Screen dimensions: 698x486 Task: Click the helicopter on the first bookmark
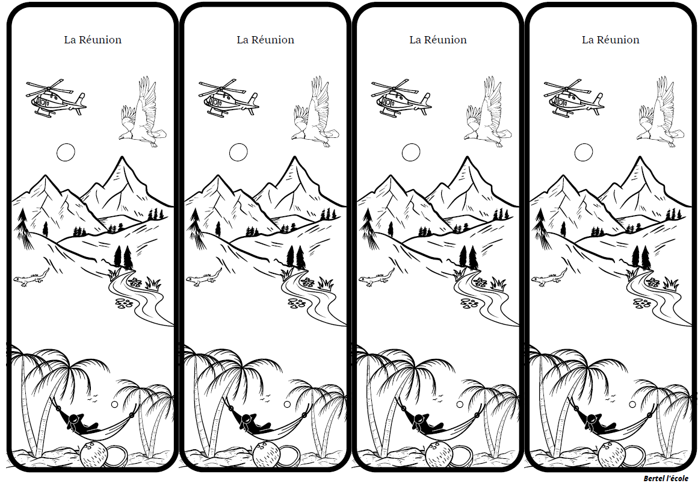click(55, 98)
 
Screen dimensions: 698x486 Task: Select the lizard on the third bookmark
click(377, 278)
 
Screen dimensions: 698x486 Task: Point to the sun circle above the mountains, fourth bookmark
click(584, 153)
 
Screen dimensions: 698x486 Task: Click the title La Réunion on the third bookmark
click(438, 40)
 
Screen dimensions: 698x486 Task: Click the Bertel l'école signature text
click(666, 478)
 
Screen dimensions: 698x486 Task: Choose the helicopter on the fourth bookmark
click(573, 98)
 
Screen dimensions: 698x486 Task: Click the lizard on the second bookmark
click(204, 278)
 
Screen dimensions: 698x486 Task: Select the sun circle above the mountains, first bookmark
click(66, 153)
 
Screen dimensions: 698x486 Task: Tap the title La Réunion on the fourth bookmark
click(611, 40)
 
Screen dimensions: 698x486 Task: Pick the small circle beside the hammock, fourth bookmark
click(632, 405)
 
